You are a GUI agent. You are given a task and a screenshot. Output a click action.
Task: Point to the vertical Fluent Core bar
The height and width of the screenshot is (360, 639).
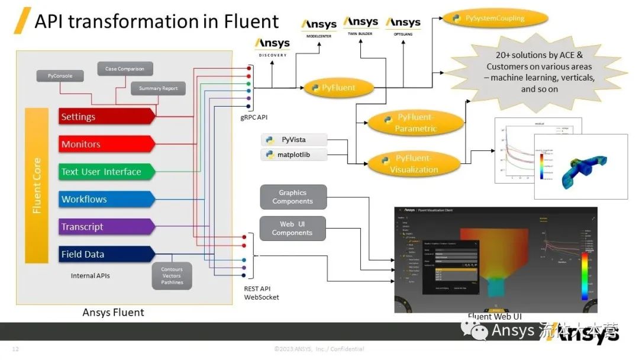click(x=37, y=185)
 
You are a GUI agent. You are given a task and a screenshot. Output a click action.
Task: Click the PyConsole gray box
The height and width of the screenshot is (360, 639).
click(x=59, y=76)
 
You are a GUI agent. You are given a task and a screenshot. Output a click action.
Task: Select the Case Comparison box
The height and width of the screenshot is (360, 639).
click(x=125, y=69)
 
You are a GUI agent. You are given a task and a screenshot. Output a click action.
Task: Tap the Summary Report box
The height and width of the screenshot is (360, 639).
click(x=158, y=89)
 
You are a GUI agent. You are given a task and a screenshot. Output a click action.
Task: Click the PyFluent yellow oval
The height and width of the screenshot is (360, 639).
click(x=339, y=88)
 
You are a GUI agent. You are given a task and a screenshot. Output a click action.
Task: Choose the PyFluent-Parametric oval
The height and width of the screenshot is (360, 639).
click(x=415, y=123)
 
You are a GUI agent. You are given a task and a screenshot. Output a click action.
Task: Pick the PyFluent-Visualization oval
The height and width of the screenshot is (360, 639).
click(x=414, y=164)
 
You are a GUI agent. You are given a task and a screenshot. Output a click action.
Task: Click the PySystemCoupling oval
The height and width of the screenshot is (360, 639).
click(x=495, y=18)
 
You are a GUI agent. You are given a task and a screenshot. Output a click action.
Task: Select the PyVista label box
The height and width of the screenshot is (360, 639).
click(x=293, y=140)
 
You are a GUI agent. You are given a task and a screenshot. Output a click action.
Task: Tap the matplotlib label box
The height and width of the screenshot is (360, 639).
click(x=293, y=155)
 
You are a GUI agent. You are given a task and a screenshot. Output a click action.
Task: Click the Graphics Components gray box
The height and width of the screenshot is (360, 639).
click(x=293, y=197)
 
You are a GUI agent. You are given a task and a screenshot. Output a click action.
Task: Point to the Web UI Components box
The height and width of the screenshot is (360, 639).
click(x=292, y=229)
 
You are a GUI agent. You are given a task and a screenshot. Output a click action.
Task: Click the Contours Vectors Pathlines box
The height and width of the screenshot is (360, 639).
click(x=172, y=276)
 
